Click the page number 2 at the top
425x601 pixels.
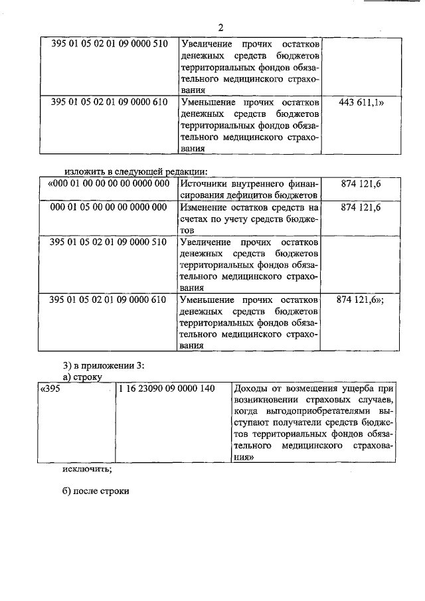pyautogui.click(x=221, y=27)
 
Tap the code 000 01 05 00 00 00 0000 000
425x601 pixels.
pyautogui.click(x=108, y=208)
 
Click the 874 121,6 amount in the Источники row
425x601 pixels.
pyautogui.click(x=361, y=184)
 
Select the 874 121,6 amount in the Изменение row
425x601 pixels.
pyautogui.click(x=361, y=208)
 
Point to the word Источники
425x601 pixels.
pyautogui.click(x=205, y=184)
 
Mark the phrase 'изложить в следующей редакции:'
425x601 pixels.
pyautogui.click(x=141, y=171)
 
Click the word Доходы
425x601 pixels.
pyautogui.click(x=251, y=388)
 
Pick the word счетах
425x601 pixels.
pyautogui.click(x=195, y=220)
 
